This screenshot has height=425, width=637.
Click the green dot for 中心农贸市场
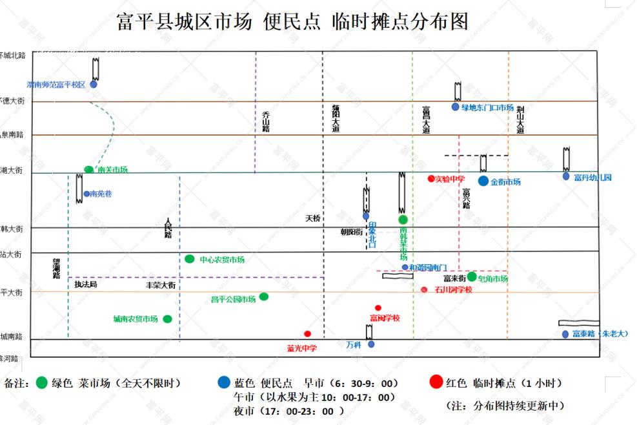(x=189, y=259)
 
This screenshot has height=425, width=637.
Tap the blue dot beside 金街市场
(x=483, y=181)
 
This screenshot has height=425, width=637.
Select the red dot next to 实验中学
(x=431, y=178)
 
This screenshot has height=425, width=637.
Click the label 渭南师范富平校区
(x=56, y=85)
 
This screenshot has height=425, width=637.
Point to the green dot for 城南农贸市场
(x=168, y=319)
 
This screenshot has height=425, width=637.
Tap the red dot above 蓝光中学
(x=307, y=334)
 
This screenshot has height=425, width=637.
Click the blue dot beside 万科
(x=371, y=344)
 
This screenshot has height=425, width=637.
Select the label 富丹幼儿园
(x=592, y=178)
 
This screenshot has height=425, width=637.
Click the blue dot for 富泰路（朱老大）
(x=565, y=335)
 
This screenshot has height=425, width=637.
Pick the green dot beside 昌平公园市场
(x=263, y=297)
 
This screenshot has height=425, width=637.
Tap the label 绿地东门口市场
(x=487, y=108)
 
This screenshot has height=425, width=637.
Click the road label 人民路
(x=168, y=227)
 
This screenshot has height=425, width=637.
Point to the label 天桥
(x=312, y=218)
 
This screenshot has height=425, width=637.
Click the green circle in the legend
(x=43, y=383)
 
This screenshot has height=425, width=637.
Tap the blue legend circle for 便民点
(x=224, y=383)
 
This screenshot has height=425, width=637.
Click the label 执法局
(x=85, y=284)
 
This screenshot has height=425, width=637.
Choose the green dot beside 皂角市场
(x=472, y=277)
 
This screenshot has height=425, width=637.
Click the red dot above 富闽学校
(x=378, y=308)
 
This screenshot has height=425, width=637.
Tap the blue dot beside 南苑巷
(x=86, y=194)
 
